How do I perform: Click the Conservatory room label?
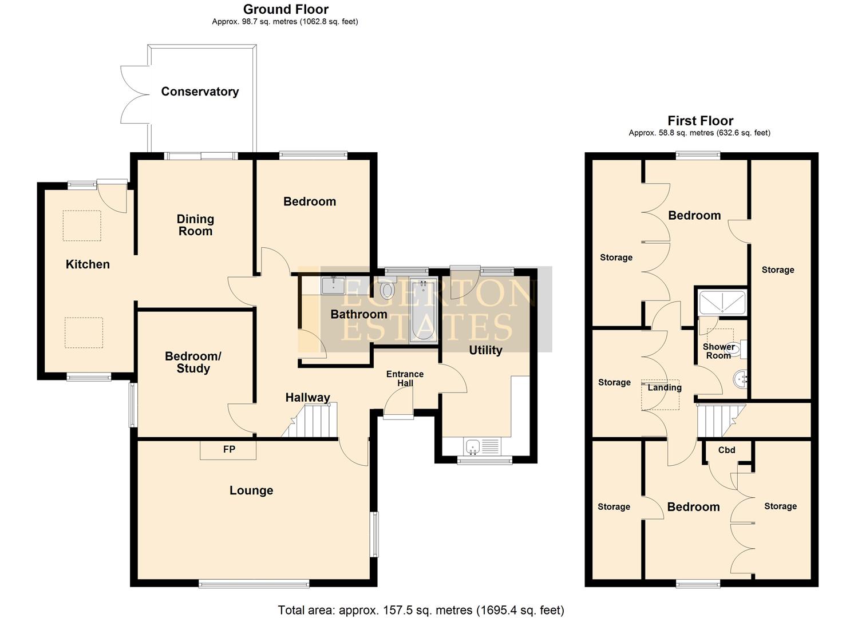(x=200, y=92)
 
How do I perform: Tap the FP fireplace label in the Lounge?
(x=229, y=450)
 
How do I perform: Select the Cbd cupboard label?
(x=726, y=450)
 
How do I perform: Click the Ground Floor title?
(x=286, y=9)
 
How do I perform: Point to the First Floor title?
(x=700, y=121)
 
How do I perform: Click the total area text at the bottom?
(x=421, y=610)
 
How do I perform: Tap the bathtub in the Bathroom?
(x=423, y=310)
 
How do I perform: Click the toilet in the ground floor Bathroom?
(x=388, y=290)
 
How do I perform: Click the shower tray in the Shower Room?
(x=722, y=303)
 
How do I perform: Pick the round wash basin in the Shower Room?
(x=740, y=378)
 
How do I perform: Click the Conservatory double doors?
(x=135, y=94)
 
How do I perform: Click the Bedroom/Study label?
(x=193, y=362)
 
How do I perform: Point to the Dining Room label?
(x=195, y=225)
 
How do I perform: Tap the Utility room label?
(x=485, y=350)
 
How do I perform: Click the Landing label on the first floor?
(x=664, y=387)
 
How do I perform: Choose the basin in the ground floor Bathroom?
(x=333, y=285)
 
